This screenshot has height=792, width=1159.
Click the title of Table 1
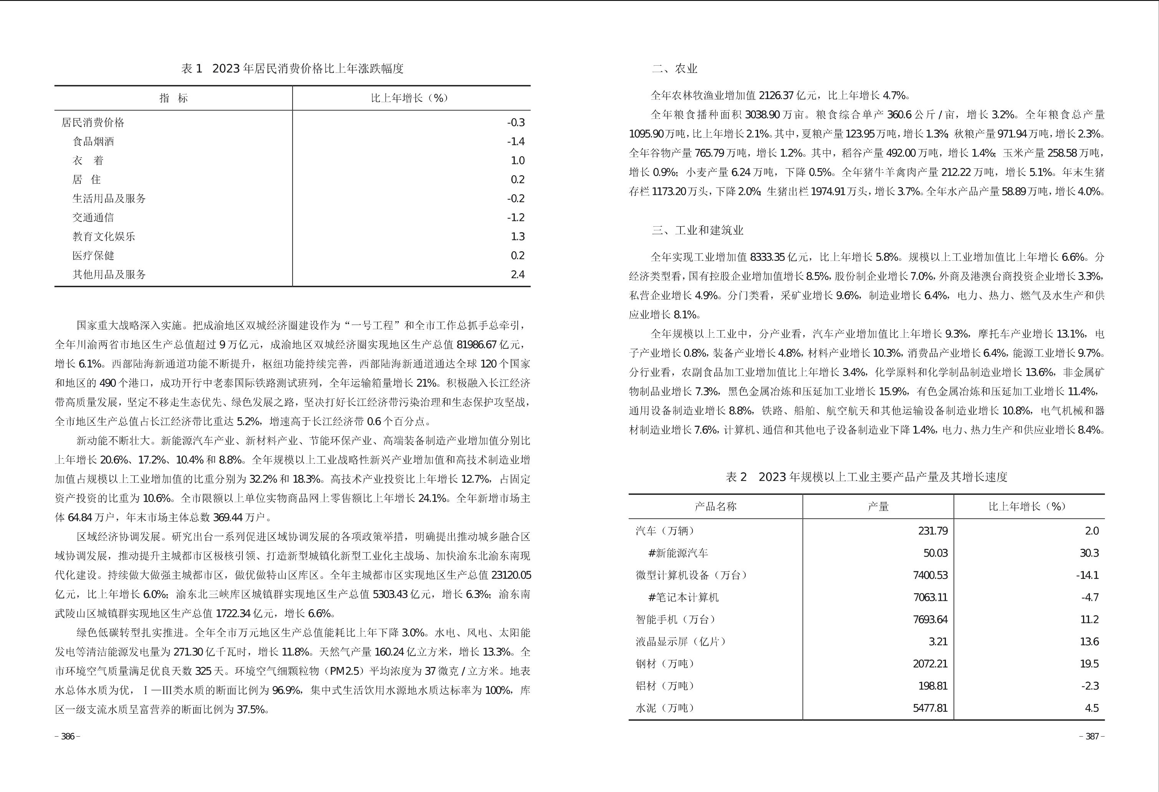[292, 69]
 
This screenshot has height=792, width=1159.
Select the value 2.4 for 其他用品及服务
[517, 274]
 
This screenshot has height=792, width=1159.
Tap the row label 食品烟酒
[93, 142]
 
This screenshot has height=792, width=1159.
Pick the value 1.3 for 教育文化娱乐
[517, 236]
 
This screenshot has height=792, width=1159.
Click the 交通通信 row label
[93, 217]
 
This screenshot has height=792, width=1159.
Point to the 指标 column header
[174, 98]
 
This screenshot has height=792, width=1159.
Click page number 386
[67, 737]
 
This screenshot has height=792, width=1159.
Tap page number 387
[1092, 737]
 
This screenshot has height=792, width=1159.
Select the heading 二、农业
[674, 69]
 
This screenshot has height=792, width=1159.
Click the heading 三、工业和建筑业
[697, 230]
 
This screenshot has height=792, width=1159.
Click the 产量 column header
[878, 507]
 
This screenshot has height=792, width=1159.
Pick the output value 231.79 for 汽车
[932, 531]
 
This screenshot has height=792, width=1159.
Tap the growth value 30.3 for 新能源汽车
[1089, 553]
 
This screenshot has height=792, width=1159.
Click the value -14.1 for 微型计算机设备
[1087, 575]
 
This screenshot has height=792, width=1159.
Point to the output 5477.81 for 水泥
[930, 708]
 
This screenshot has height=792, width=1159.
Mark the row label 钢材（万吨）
[665, 664]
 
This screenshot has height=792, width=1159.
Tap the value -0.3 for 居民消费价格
[516, 123]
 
